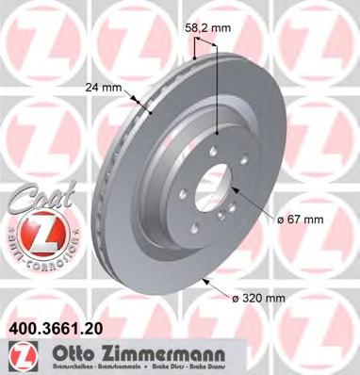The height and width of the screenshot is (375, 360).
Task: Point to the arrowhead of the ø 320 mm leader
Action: point(206,280)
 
